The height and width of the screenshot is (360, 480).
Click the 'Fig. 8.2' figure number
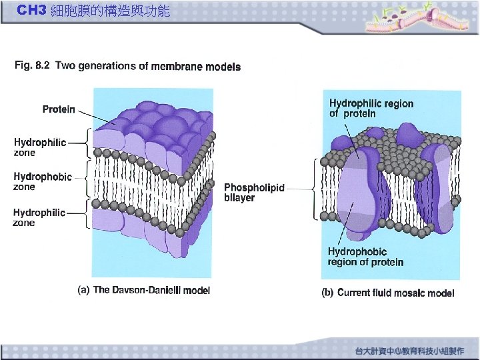click(x=31, y=65)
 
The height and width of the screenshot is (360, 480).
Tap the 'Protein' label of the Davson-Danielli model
click(x=59, y=109)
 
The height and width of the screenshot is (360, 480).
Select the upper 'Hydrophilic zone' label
click(x=40, y=147)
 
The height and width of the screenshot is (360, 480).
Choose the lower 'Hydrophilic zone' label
click(x=39, y=217)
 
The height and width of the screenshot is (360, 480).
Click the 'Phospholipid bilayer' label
click(x=254, y=193)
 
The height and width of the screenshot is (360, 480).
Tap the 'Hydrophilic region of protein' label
click(x=371, y=109)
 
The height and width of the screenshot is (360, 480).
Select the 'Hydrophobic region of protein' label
click(x=365, y=257)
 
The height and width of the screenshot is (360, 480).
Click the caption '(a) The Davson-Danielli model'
click(x=145, y=290)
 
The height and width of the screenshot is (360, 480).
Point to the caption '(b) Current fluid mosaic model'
click(x=388, y=293)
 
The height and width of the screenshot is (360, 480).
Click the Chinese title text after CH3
click(x=110, y=11)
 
